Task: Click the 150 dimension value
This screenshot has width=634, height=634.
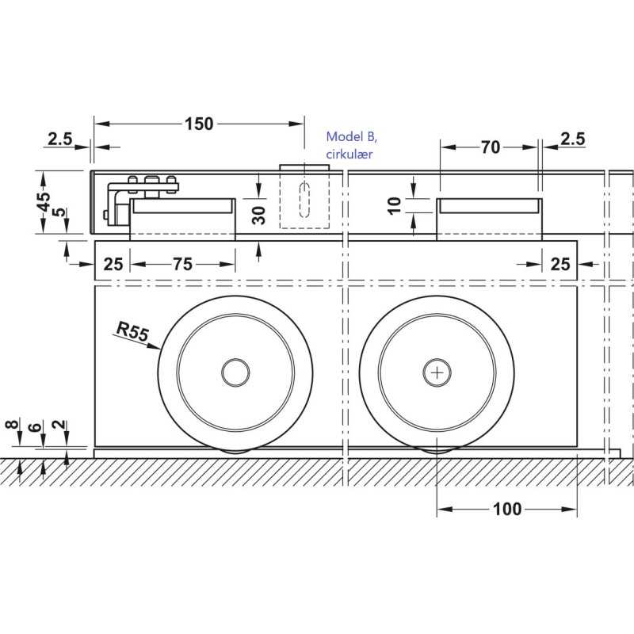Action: pyautogui.click(x=199, y=124)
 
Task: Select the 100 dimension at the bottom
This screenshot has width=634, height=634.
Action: pyautogui.click(x=506, y=509)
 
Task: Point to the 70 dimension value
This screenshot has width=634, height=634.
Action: pyautogui.click(x=491, y=147)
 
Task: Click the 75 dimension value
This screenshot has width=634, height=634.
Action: pyautogui.click(x=182, y=265)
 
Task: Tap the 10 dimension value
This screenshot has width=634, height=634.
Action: pyautogui.click(x=412, y=205)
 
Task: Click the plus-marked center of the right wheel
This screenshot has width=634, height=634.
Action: pyautogui.click(x=437, y=371)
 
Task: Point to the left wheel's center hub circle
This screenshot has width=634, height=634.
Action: pyautogui.click(x=235, y=371)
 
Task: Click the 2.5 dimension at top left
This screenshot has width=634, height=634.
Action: pyautogui.click(x=59, y=139)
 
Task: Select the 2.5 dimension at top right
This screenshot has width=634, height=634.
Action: pyautogui.click(x=572, y=139)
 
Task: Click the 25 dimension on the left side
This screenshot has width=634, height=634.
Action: pyautogui.click(x=113, y=265)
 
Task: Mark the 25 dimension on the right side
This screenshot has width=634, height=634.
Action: pyautogui.click(x=560, y=265)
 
